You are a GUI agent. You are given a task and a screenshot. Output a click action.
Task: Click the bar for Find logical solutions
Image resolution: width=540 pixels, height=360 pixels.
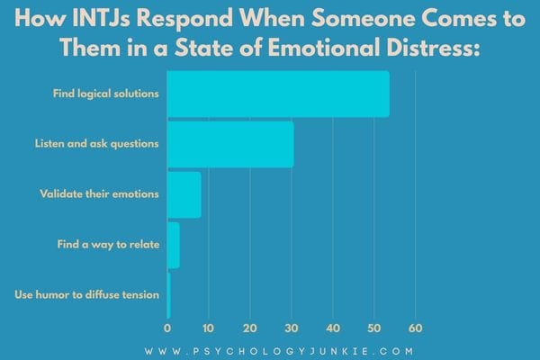tap(278, 94)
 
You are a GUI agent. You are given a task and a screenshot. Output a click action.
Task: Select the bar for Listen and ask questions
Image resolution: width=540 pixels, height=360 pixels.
tap(230, 144)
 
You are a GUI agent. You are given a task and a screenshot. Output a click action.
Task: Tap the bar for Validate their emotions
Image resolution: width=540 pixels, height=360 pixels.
tap(184, 194)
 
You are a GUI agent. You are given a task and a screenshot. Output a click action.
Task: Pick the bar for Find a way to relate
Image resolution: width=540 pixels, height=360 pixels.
tap(173, 245)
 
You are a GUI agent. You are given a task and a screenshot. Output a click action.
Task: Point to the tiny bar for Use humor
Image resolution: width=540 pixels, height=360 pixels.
tap(168, 295)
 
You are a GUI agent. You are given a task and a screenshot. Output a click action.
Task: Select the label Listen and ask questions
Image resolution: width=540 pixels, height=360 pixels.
tap(97, 144)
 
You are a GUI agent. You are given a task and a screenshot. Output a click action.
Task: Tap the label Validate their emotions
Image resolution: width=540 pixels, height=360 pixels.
tap(100, 194)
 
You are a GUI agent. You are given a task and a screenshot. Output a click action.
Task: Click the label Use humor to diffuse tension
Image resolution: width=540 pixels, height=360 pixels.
tap(87, 295)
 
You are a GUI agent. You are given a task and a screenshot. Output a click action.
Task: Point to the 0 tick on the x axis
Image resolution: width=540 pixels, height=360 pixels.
tap(167, 328)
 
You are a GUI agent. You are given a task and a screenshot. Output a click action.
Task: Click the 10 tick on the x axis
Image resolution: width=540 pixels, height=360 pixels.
tap(209, 328)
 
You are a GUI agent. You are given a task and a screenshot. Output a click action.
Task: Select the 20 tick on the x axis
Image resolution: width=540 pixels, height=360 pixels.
tap(250, 328)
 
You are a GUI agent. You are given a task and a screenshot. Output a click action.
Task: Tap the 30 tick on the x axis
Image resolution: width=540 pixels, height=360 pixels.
tap(292, 328)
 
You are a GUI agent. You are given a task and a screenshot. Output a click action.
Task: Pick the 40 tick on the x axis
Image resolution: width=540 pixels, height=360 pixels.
tap(333, 328)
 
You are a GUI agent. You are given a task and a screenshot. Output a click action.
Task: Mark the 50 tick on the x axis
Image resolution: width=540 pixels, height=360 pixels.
tap(374, 328)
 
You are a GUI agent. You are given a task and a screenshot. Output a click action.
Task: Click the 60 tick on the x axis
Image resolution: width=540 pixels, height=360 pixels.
tap(416, 328)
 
